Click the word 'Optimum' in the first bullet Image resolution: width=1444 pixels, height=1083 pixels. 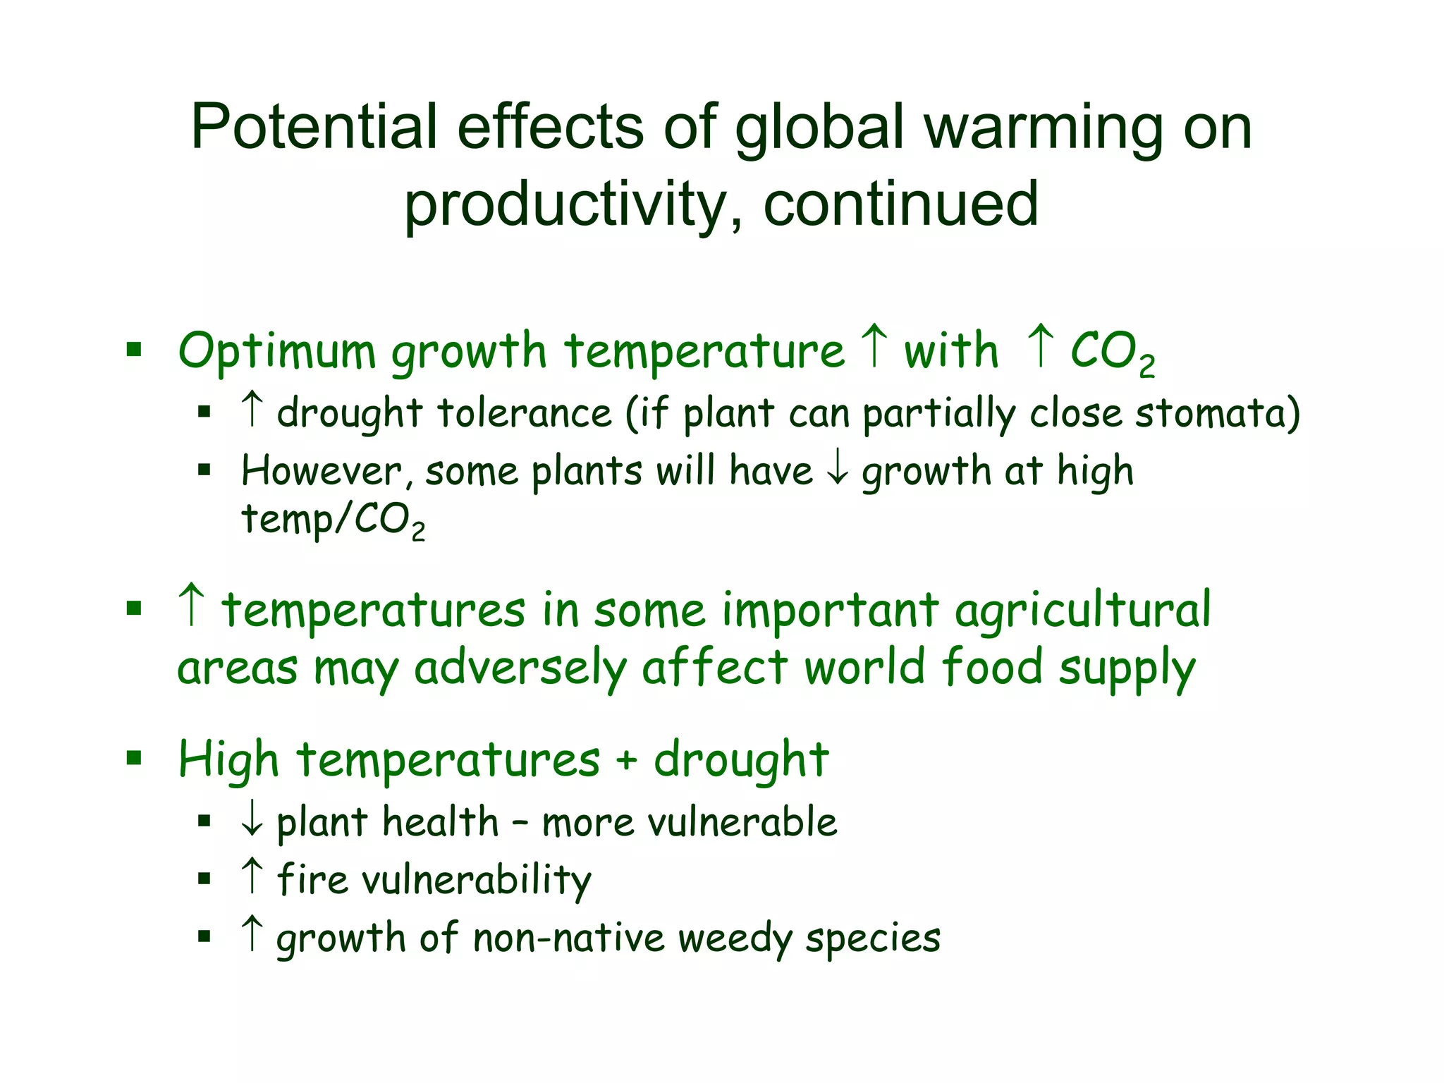pyautogui.click(x=276, y=351)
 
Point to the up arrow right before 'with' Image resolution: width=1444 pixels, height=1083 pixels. pyautogui.click(x=874, y=345)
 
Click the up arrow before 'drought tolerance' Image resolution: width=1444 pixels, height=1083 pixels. pyautogui.click(x=252, y=408)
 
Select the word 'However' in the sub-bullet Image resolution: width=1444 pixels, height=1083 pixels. pyautogui.click(x=322, y=470)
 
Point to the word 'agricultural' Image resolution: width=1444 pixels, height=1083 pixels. pyautogui.click(x=1082, y=611)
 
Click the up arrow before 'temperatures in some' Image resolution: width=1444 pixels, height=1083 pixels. pyautogui.click(x=192, y=605)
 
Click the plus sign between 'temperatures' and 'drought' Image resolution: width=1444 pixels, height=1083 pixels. pyautogui.click(x=626, y=761)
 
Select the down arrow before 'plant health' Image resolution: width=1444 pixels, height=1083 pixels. pyautogui.click(x=252, y=820)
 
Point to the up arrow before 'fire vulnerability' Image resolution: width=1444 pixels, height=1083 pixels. pyautogui.click(x=252, y=876)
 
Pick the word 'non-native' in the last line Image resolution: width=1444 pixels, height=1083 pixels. pyautogui.click(x=569, y=938)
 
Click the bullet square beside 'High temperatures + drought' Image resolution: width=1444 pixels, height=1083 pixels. pyautogui.click(x=134, y=759)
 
